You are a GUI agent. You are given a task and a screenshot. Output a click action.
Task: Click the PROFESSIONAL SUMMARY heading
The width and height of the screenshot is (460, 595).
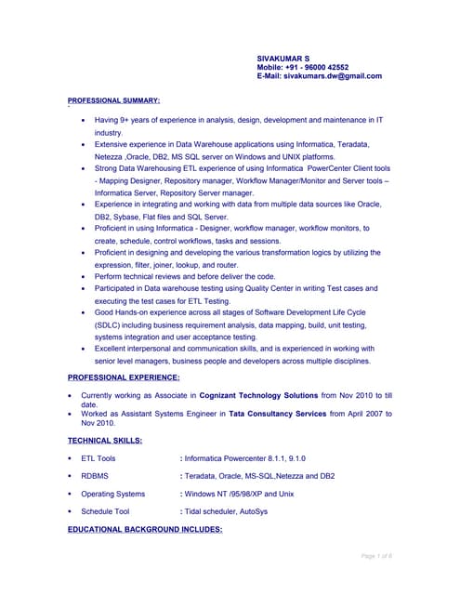pyautogui.click(x=114, y=99)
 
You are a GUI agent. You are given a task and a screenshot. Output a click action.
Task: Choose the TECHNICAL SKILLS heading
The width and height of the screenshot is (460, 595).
pyautogui.click(x=105, y=440)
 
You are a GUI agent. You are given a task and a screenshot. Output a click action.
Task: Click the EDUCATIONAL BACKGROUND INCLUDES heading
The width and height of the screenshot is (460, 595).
pyautogui.click(x=145, y=529)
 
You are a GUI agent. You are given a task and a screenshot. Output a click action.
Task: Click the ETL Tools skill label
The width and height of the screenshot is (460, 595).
pyautogui.click(x=99, y=458)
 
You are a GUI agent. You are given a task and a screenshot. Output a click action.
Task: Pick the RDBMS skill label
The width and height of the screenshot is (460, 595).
pyautogui.click(x=96, y=476)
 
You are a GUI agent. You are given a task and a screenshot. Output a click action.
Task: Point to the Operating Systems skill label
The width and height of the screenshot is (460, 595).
pyautogui.click(x=113, y=494)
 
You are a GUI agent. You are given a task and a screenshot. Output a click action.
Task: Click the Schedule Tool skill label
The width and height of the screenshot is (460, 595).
pyautogui.click(x=105, y=511)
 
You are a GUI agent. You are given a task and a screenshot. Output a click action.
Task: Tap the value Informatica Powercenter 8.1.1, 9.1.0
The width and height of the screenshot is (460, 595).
pyautogui.click(x=245, y=458)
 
